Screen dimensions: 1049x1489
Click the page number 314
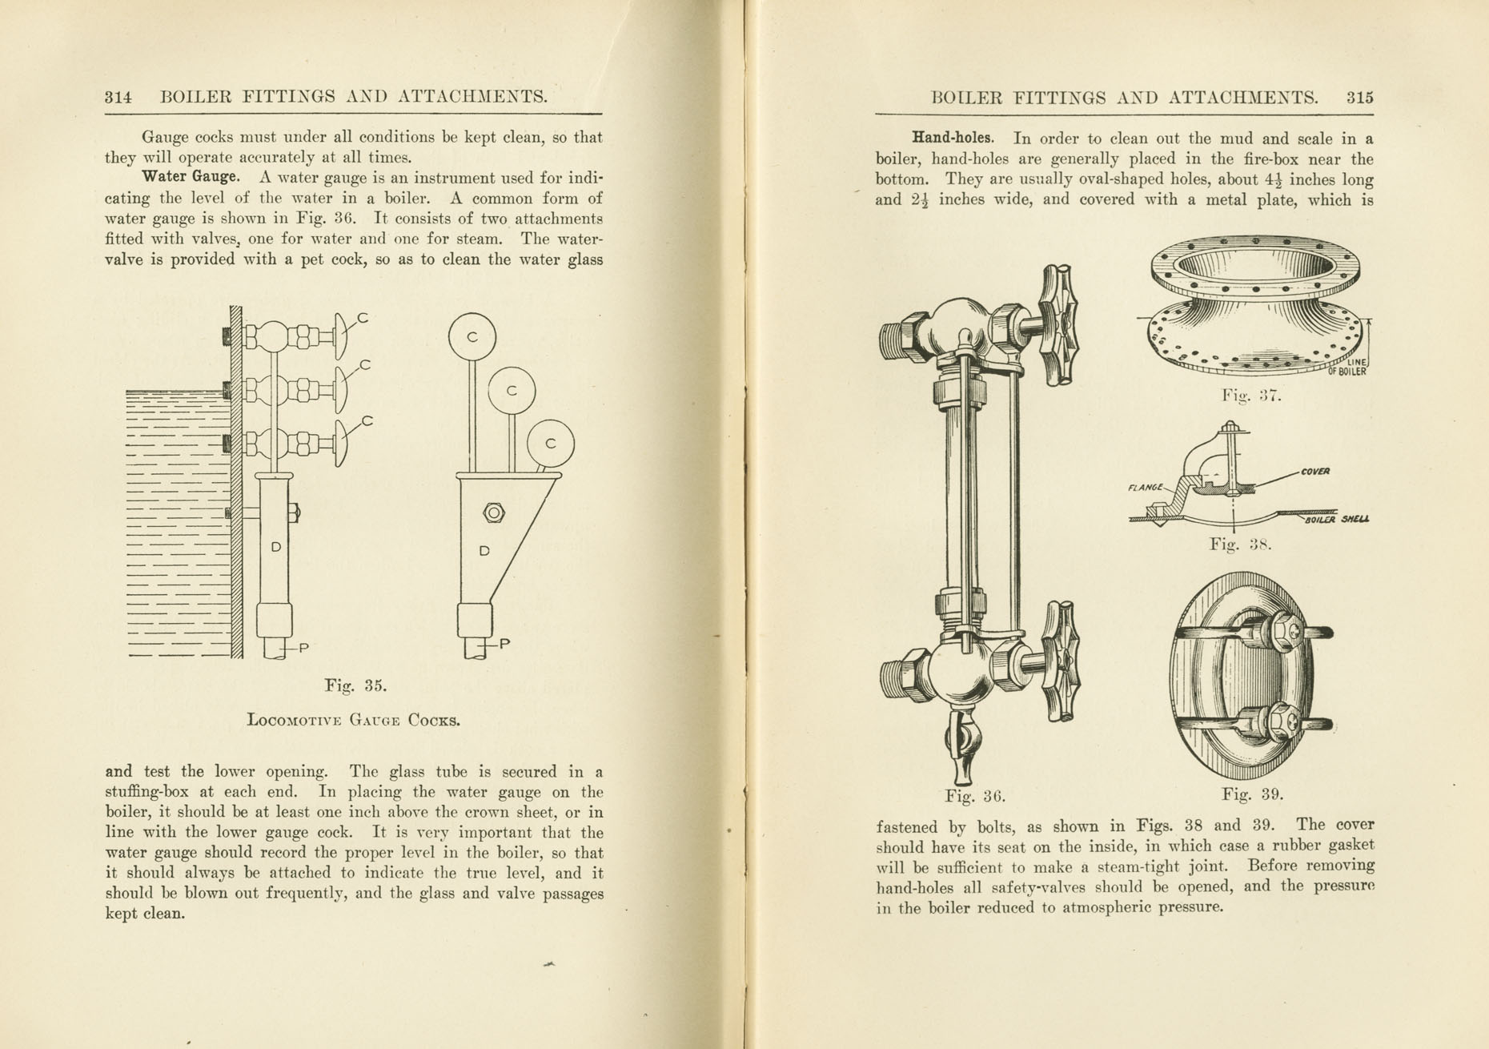point(118,98)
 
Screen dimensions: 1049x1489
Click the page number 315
point(1359,98)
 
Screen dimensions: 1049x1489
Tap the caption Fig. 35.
point(355,685)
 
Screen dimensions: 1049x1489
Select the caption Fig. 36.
point(974,796)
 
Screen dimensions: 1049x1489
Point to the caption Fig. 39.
point(1252,794)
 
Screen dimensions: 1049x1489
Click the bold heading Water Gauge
point(190,176)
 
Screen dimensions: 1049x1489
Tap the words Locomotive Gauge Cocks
point(354,720)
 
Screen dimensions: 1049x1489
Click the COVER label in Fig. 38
point(1314,472)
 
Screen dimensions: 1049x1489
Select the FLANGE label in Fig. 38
point(1146,487)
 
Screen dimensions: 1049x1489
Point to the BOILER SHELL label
point(1336,520)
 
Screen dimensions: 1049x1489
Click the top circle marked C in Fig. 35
point(472,336)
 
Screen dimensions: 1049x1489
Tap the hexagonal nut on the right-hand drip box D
point(494,512)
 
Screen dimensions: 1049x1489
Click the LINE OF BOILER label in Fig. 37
point(1351,368)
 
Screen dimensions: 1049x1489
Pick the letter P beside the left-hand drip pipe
point(304,647)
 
